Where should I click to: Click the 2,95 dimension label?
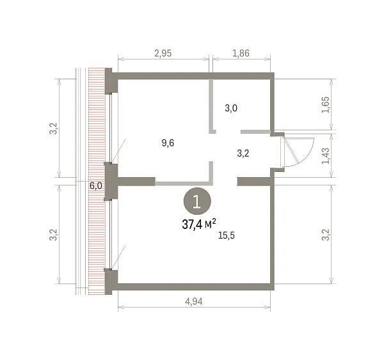pos(163,53)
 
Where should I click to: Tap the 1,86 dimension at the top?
pos(241,53)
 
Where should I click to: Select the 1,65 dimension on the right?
pos(326,105)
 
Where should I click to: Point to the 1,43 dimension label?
pos(326,156)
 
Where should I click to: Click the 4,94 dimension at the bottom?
pos(194,302)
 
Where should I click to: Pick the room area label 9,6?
pos(168,143)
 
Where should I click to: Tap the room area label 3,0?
pos(231,108)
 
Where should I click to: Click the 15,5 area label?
pos(227,235)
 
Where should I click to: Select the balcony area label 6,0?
pos(96,186)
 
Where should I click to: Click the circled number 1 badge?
pos(197,201)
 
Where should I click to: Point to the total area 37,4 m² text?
pos(199,224)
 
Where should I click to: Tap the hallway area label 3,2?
pos(243,153)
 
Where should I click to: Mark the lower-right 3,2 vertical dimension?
pos(326,235)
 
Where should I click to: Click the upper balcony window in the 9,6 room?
pos(111,128)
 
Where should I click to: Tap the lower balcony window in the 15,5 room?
pos(111,234)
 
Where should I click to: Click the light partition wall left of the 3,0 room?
pos(211,106)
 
